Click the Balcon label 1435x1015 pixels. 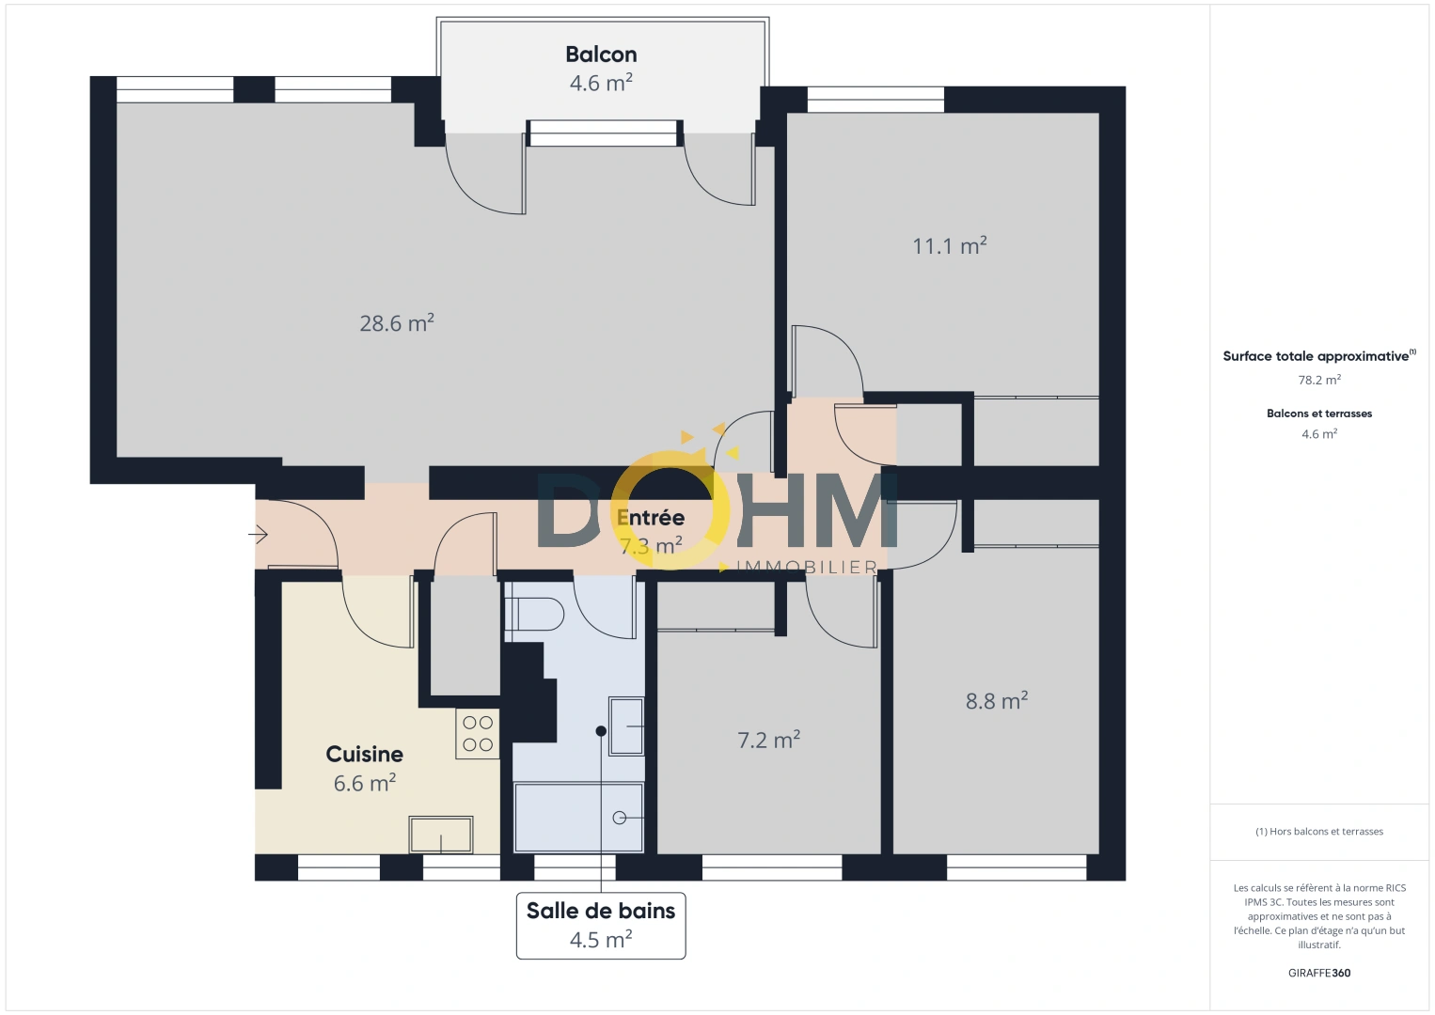pos(601,55)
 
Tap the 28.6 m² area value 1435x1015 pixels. pos(396,323)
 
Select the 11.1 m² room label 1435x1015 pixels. pos(949,246)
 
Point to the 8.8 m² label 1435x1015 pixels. pos(996,701)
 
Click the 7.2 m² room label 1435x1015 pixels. pos(768,741)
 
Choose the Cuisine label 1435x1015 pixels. pos(364,754)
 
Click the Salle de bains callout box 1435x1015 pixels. pos(601,925)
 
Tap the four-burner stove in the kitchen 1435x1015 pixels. pos(478,734)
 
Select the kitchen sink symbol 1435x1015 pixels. pos(440,834)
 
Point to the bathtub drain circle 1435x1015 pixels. pos(620,818)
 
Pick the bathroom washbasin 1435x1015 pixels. pos(626,726)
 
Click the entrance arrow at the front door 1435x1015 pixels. pos(259,535)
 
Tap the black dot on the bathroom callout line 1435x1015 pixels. pos(601,730)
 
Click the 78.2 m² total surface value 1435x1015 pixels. pos(1318,381)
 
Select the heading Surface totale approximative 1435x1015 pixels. pos(1316,356)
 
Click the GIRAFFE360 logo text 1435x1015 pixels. pos(1318,973)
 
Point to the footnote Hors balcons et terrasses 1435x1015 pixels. pos(1318,832)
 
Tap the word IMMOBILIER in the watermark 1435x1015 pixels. pos(807,567)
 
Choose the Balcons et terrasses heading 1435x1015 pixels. pos(1318,414)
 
